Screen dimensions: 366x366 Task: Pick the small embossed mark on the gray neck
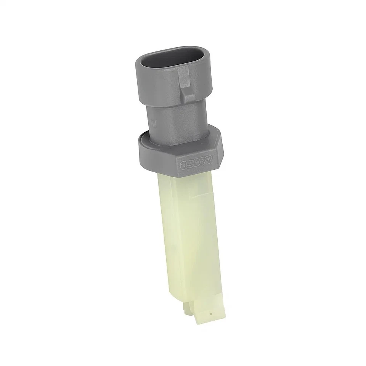[154, 123]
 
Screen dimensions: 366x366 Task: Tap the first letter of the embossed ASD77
[183, 165]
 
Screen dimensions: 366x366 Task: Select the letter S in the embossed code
[190, 164]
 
